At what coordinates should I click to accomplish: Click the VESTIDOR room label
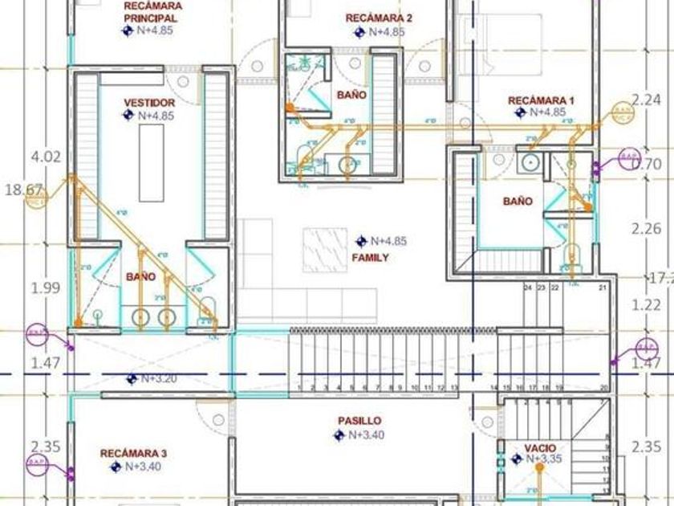[149, 103]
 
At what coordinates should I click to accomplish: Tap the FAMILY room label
[370, 258]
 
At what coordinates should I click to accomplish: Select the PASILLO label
[359, 421]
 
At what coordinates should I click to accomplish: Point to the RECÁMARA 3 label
[133, 454]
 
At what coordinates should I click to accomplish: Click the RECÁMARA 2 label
[379, 18]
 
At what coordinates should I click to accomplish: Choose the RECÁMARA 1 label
[541, 100]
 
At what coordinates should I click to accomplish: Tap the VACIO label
[540, 448]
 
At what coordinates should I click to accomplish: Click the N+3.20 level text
[157, 378]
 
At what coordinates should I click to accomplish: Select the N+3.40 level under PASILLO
[365, 435]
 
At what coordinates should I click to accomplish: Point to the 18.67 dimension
[22, 190]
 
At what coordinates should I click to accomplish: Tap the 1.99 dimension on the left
[45, 288]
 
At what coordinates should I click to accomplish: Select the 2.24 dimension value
[646, 100]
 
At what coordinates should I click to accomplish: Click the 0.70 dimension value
[647, 165]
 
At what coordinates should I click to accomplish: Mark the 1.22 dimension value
[646, 305]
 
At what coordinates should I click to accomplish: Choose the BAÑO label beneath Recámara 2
[351, 95]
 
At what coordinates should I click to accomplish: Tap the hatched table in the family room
[324, 249]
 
